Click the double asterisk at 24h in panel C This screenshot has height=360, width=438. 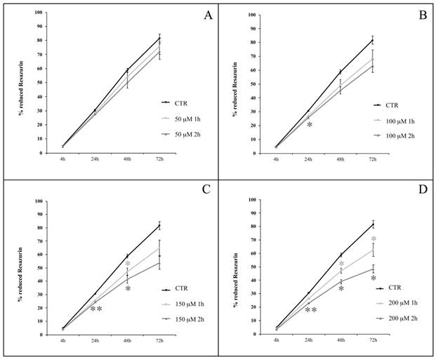click(x=96, y=309)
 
